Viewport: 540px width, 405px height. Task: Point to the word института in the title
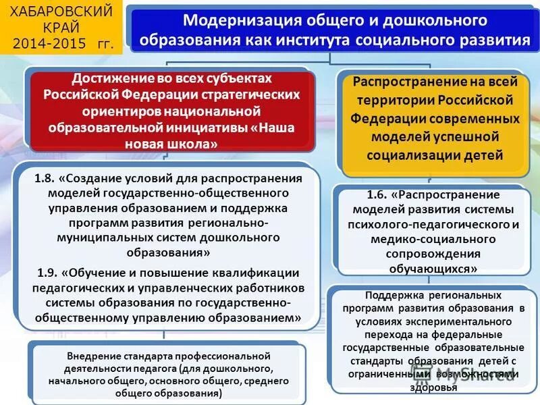(351, 40)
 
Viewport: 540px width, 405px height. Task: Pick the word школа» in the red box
(192, 143)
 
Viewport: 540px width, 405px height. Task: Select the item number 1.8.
(45, 178)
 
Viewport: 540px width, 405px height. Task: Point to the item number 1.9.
(45, 273)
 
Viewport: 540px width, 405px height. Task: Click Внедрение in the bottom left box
(94, 356)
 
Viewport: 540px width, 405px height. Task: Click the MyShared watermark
(483, 377)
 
